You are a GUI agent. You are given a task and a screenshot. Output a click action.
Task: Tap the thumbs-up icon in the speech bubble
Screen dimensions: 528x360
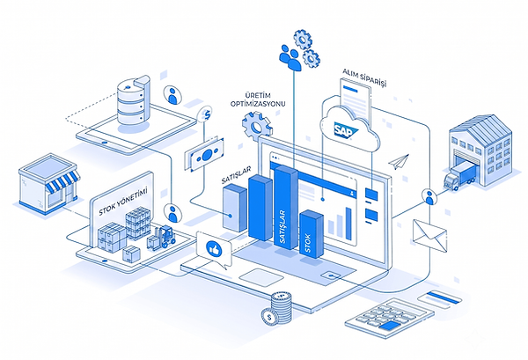(213, 249)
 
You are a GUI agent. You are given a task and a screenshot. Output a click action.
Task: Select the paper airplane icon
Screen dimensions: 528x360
(399, 161)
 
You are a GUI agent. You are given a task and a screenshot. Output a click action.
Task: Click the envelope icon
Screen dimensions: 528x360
(430, 235)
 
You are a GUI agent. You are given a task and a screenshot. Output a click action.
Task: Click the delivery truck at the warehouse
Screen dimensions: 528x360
(459, 175)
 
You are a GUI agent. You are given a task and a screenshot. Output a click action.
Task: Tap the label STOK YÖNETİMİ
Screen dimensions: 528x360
(123, 202)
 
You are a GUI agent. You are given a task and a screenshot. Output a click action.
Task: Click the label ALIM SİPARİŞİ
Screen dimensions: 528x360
(364, 77)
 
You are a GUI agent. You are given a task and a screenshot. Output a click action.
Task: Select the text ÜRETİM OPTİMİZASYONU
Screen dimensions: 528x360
(258, 99)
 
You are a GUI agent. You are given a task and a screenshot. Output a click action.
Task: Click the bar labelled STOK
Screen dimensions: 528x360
(312, 234)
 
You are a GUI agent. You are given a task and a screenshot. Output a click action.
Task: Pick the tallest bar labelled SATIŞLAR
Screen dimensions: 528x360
(286, 207)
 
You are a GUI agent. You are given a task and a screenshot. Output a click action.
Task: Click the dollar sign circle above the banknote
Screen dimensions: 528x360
(207, 114)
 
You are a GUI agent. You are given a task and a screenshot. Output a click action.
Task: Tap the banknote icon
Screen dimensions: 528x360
(204, 155)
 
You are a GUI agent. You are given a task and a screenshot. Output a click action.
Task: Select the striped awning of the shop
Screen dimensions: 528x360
(62, 181)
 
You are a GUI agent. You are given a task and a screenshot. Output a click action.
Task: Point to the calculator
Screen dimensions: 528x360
(390, 318)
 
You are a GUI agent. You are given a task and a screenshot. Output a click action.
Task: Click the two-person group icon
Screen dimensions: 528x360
(290, 57)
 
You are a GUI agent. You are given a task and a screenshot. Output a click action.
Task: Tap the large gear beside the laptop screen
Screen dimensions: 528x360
(256, 127)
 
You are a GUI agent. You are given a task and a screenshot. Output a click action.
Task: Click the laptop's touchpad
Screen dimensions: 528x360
(261, 277)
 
